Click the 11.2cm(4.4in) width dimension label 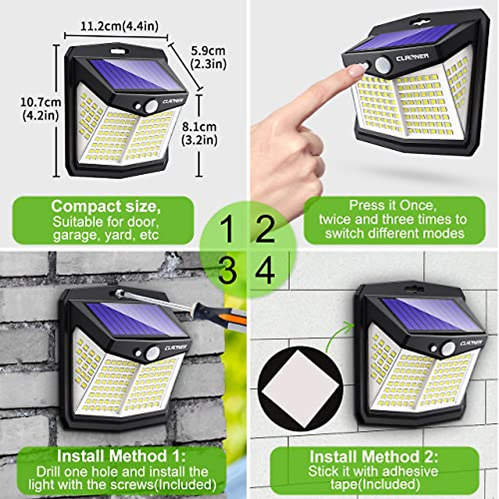(119, 26)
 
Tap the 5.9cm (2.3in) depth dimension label (208, 57)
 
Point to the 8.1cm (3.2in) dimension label (199, 133)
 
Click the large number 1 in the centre (227, 229)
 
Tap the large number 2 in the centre (265, 229)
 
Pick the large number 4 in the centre (265, 271)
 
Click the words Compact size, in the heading (106, 206)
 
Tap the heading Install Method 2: (373, 457)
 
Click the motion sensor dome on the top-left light (151, 106)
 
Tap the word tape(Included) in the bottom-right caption (375, 484)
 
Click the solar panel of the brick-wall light (133, 318)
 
